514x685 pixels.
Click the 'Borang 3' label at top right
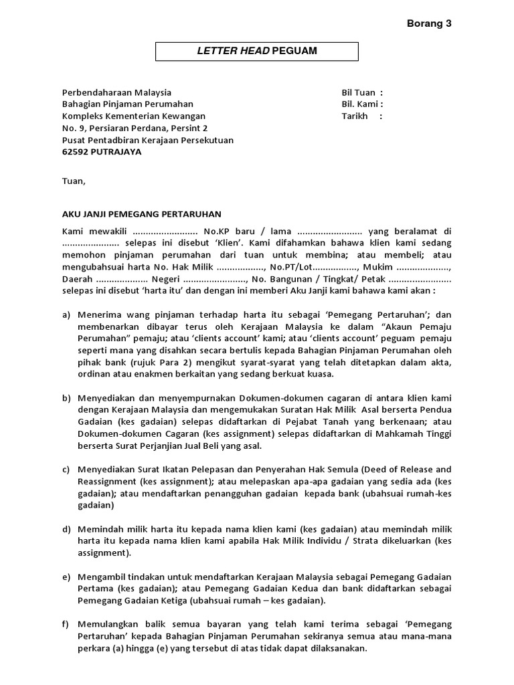429,23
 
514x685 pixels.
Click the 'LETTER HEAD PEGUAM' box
257,51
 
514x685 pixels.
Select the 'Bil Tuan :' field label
362,92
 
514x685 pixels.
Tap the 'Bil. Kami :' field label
362,104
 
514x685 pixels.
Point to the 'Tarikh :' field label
362,116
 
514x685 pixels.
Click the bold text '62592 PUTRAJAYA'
102,152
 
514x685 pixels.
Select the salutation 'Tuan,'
74,181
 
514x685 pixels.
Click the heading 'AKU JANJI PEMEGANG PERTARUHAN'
141,214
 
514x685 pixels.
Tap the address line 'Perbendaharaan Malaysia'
116,92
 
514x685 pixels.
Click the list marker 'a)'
66,314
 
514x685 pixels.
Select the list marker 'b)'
66,398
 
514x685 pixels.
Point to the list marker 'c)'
66,470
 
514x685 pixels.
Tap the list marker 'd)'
66,530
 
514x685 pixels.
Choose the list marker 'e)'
66,577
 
